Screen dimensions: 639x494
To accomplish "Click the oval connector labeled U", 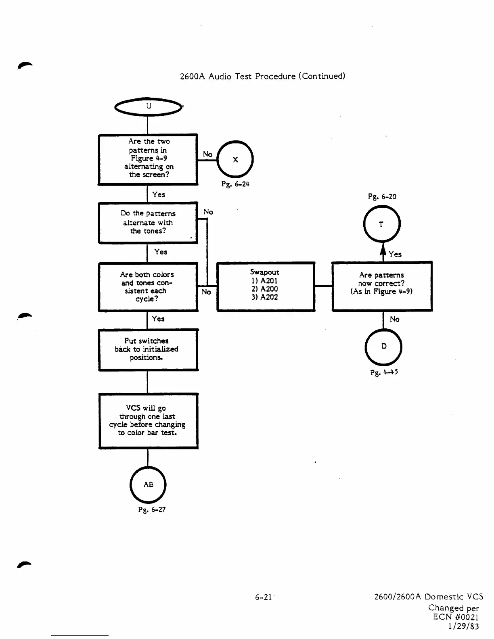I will click(x=148, y=106).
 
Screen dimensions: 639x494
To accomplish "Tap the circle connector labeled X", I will click(x=235, y=159).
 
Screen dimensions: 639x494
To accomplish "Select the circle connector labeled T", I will click(x=381, y=224).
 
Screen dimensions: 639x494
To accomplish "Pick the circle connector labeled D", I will click(x=383, y=346).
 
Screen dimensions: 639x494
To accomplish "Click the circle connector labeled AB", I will click(x=148, y=484).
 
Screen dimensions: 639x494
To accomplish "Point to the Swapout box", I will click(x=266, y=286).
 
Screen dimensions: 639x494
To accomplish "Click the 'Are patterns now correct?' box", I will click(x=382, y=286).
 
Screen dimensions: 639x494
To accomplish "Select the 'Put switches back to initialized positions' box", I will click(x=148, y=349).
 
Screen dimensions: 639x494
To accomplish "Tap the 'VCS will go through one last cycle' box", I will click(x=148, y=421).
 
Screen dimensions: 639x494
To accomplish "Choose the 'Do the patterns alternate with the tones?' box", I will click(x=148, y=223).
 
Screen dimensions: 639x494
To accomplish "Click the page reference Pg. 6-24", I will click(x=236, y=184).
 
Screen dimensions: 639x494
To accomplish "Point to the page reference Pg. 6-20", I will click(x=382, y=197).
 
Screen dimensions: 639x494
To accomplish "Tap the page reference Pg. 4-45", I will click(x=384, y=372).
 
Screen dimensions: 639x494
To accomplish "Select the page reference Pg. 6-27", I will click(x=152, y=510).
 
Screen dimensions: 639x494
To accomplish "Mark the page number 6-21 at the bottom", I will click(x=263, y=597).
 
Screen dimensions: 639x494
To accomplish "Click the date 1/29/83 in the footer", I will click(x=463, y=626).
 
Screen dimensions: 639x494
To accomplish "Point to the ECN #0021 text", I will click(x=456, y=617).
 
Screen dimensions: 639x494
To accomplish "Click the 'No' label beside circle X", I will click(x=207, y=154).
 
